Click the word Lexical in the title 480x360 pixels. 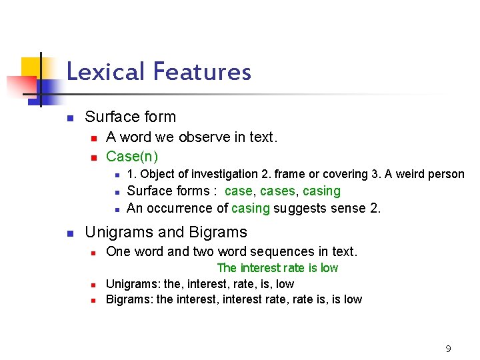(106, 71)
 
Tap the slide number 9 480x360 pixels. (448, 349)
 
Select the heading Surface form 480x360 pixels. (131, 117)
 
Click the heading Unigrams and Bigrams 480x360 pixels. (166, 232)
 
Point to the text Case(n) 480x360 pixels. (132, 157)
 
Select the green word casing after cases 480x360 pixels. (322, 191)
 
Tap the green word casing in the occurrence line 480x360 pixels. (251, 208)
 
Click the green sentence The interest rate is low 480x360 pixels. (277, 268)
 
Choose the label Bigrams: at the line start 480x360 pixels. (129, 299)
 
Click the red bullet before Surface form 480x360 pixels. (69, 118)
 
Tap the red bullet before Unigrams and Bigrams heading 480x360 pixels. (69, 233)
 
